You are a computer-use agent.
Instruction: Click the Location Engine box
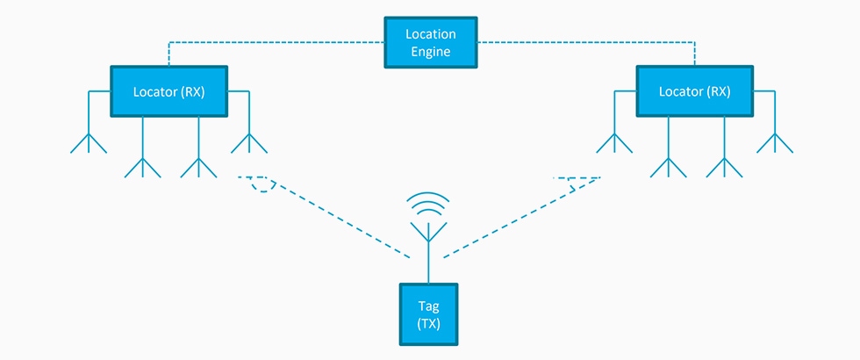coord(430,43)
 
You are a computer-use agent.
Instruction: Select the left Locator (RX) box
coord(168,90)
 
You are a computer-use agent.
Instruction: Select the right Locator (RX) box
coord(694,90)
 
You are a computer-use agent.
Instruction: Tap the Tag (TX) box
coord(428,313)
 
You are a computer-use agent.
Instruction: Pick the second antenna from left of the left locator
coord(143,163)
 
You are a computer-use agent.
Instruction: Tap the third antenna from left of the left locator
coord(198,163)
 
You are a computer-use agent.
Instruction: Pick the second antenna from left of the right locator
coord(668,163)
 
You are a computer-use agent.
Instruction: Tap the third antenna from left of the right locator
coord(724,163)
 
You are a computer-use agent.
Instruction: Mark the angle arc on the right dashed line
coord(576,185)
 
